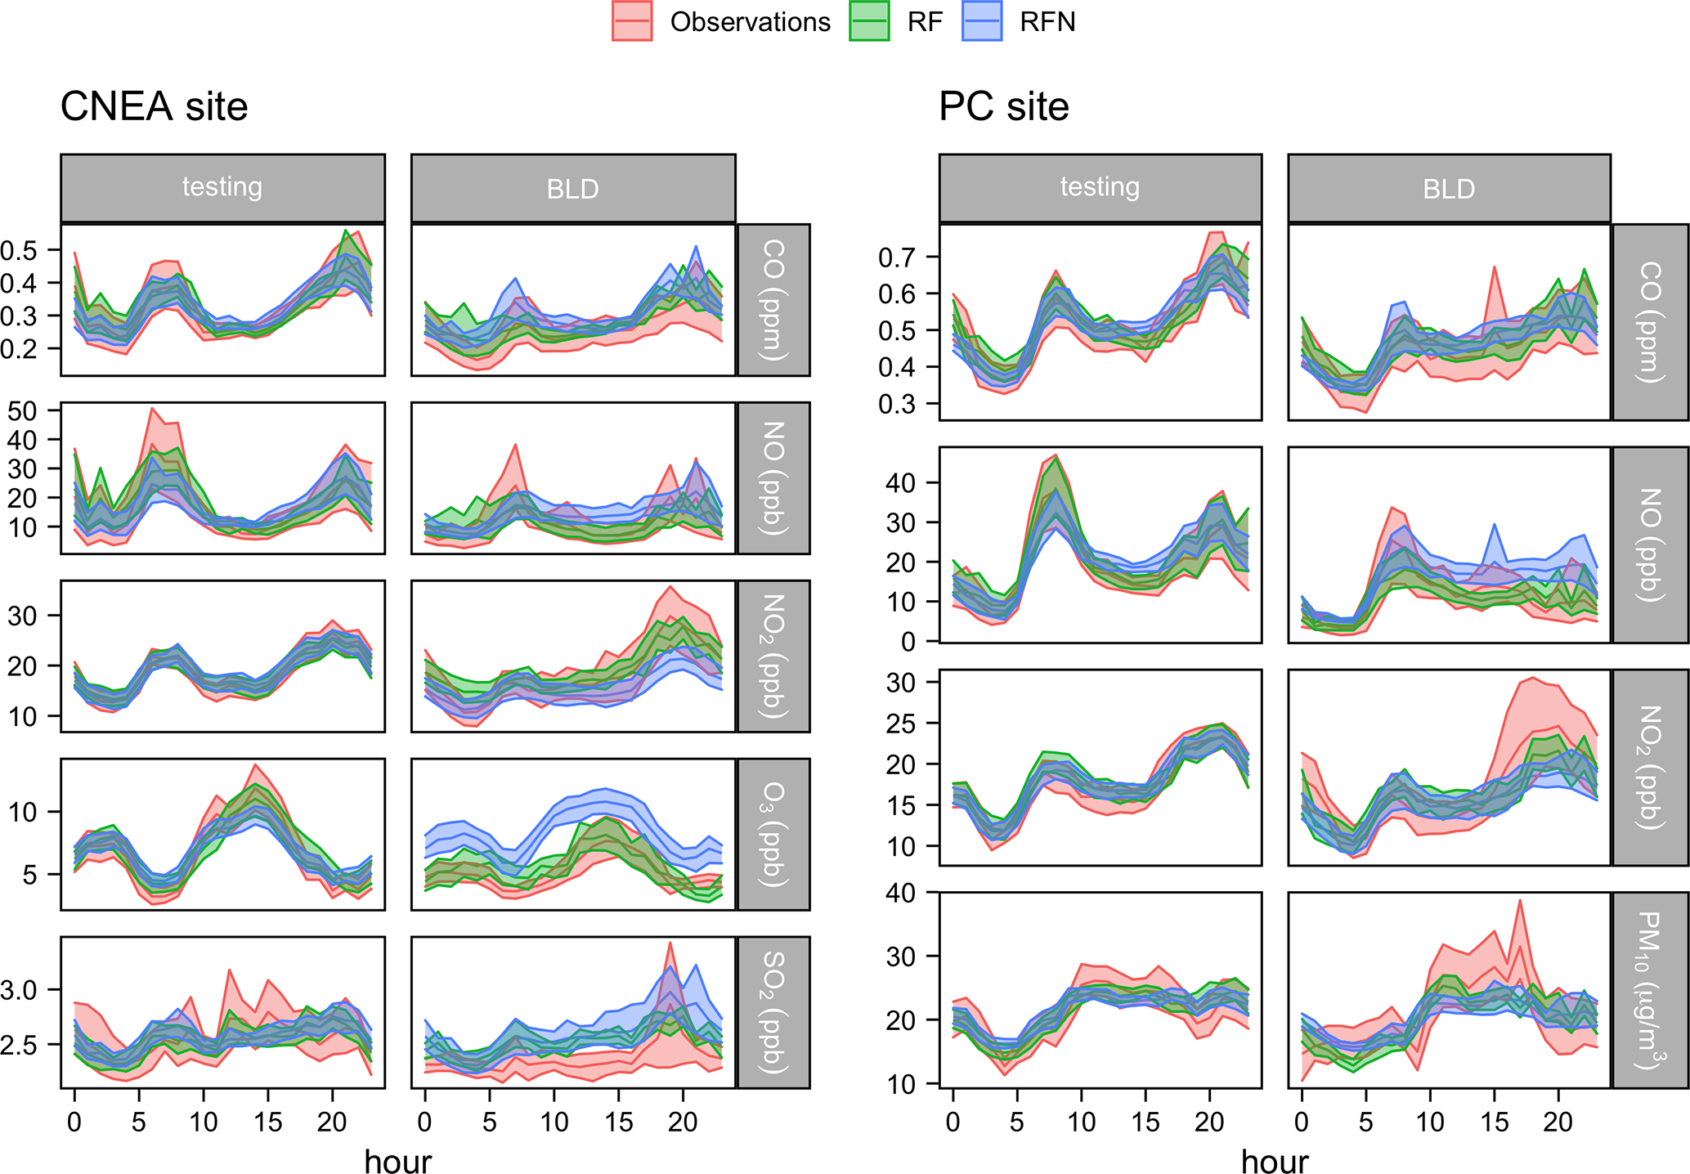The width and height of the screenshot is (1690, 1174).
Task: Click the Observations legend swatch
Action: point(631,21)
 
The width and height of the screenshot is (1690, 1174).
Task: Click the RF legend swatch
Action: point(869,21)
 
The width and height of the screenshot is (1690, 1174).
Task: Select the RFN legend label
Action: point(1047,22)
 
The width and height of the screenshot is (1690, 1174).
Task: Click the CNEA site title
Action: point(154,107)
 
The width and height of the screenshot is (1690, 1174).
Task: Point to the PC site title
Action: point(1003,107)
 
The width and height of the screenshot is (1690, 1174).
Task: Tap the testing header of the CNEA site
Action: point(222,187)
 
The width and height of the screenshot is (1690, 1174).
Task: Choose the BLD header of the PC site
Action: point(1449,189)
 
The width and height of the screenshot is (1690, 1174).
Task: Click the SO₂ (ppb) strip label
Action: point(773,1012)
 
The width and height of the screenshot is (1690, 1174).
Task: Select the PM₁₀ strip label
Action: point(1650,990)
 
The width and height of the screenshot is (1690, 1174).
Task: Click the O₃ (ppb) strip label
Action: point(773,834)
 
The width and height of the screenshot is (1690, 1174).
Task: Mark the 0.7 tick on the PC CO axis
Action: point(897,258)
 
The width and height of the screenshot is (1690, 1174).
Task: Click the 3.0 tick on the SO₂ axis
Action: point(18,990)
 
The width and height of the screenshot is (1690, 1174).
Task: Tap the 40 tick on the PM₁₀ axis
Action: point(901,893)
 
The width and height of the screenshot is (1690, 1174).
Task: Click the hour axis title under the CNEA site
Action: point(397,1161)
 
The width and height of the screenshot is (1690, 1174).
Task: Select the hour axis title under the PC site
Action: point(1274,1161)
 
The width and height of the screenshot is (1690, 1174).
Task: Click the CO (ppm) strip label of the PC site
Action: point(1650,322)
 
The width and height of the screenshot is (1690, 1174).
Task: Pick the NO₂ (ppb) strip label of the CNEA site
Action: point(773,656)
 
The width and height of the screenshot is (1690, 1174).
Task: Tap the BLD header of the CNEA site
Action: point(572,189)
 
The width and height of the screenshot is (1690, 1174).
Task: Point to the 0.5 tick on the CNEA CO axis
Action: point(18,250)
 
